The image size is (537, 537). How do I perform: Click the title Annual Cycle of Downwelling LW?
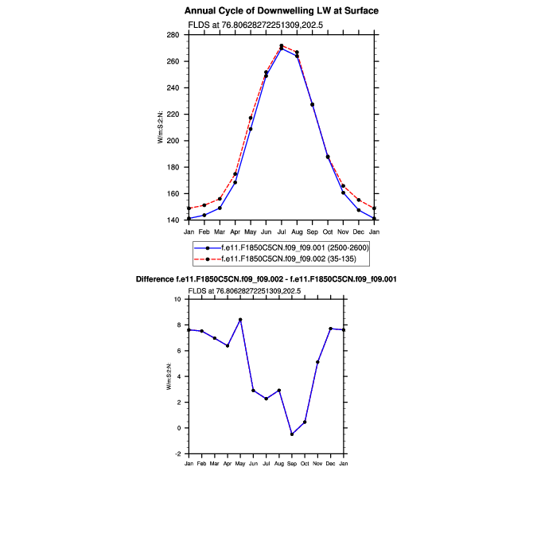pos(281,11)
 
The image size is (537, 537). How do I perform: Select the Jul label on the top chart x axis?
pos(281,232)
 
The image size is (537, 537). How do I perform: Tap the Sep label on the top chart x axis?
pos(312,232)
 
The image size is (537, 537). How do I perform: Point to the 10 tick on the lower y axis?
pos(179,299)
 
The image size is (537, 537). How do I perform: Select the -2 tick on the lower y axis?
pos(179,453)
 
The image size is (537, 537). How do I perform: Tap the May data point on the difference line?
pos(240,320)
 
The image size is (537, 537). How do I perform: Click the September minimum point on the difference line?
pos(292,434)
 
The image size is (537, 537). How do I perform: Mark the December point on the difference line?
pos(330,329)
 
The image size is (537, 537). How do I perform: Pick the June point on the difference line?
pos(253,390)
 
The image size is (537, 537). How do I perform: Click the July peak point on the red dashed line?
pos(282,46)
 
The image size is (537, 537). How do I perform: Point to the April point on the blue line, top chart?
pos(235,182)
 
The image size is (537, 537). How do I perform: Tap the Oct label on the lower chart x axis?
pos(305,463)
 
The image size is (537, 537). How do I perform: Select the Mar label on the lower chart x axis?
pos(215,463)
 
